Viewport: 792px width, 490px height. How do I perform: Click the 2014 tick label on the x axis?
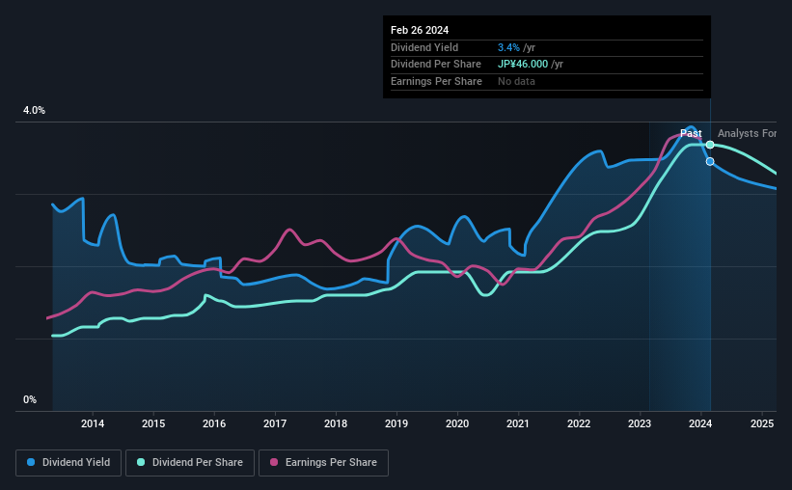point(93,423)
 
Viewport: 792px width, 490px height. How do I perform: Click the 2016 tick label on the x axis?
point(214,423)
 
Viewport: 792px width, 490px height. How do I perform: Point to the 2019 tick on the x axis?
point(396,423)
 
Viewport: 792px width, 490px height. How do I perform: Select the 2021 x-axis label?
point(518,423)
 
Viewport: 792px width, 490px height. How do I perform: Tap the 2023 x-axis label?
point(640,423)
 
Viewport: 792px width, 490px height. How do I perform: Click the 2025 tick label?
point(761,423)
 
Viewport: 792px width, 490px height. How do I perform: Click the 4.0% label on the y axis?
point(34,111)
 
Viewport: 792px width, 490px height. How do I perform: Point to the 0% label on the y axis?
point(30,399)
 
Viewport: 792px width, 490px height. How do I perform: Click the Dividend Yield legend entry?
point(68,463)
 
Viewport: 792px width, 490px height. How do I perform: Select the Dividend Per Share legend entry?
point(190,463)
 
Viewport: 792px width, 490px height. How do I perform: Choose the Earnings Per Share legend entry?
point(325,463)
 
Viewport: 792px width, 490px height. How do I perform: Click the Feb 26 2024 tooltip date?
point(420,30)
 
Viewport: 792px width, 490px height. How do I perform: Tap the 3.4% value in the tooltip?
point(506,47)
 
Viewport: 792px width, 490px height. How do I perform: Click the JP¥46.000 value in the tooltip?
point(529,65)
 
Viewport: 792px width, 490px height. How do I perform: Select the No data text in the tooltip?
point(516,82)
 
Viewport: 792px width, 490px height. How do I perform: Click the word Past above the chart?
point(691,133)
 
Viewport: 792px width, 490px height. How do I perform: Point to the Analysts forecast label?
point(747,133)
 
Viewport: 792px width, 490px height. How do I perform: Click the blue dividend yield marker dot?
point(710,161)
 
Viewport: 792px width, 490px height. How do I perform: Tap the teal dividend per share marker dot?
point(710,145)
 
